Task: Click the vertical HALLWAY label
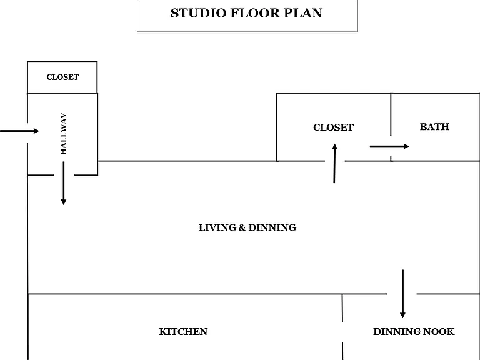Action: click(x=63, y=134)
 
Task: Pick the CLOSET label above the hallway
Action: click(x=62, y=77)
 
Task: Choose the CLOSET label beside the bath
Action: click(x=333, y=127)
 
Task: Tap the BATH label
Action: click(x=434, y=127)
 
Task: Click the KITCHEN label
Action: click(x=183, y=331)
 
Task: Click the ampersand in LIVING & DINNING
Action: click(x=242, y=227)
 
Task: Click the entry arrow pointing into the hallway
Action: click(x=19, y=131)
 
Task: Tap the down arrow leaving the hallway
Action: click(x=64, y=183)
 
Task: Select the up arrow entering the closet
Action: click(x=334, y=164)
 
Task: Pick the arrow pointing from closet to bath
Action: click(x=389, y=146)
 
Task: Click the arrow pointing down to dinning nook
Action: click(x=403, y=294)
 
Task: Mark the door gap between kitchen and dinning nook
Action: click(x=342, y=332)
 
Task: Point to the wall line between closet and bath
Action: click(x=391, y=114)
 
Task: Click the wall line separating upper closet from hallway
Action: click(x=62, y=92)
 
